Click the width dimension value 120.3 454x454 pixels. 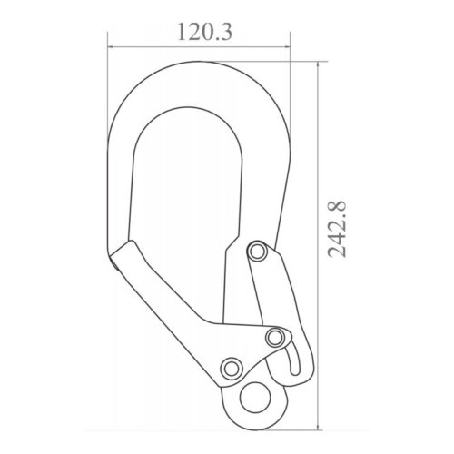205,32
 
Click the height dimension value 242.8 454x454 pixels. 337,229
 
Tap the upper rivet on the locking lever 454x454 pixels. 257,252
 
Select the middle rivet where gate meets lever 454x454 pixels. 275,338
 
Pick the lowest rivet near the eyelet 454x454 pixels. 232,369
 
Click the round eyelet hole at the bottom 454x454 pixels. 255,398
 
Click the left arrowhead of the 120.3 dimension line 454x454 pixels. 110,47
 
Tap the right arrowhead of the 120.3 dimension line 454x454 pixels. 287,47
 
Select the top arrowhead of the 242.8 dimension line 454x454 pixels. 318,64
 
